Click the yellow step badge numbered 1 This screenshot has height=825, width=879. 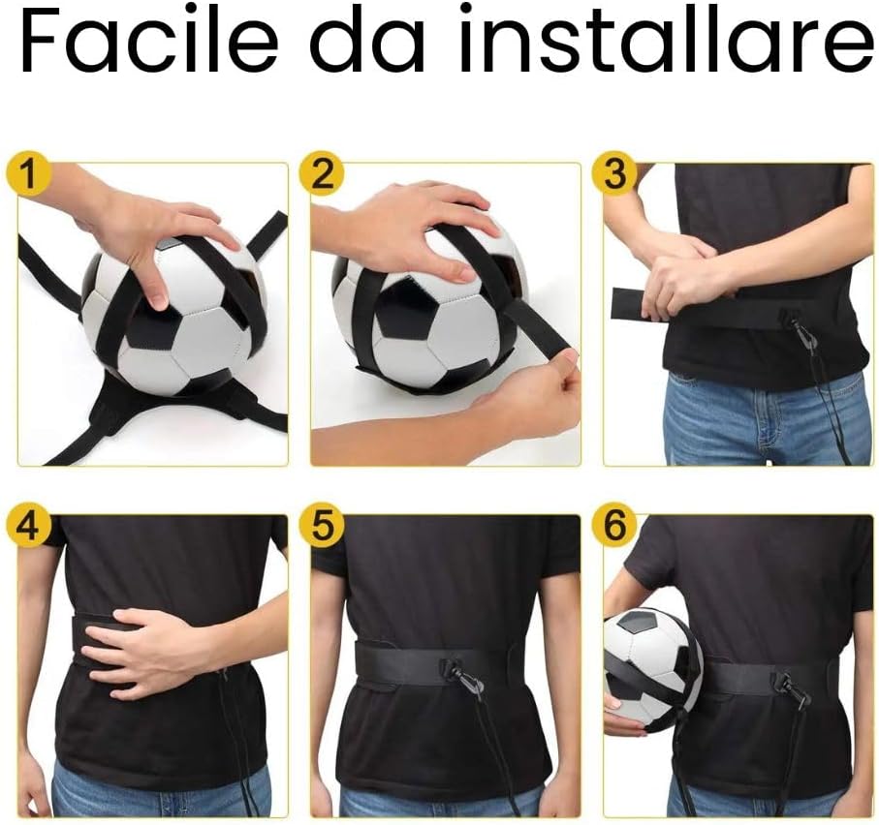point(33,174)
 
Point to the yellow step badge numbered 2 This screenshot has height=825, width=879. point(323,174)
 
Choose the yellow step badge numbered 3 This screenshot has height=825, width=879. point(615,174)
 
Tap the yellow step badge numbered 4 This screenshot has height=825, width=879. point(31,527)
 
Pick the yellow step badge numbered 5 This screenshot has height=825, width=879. point(323,527)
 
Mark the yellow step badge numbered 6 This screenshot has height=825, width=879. point(615,527)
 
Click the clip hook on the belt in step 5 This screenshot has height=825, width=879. point(463,678)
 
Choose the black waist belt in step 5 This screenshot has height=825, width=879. point(407,663)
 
